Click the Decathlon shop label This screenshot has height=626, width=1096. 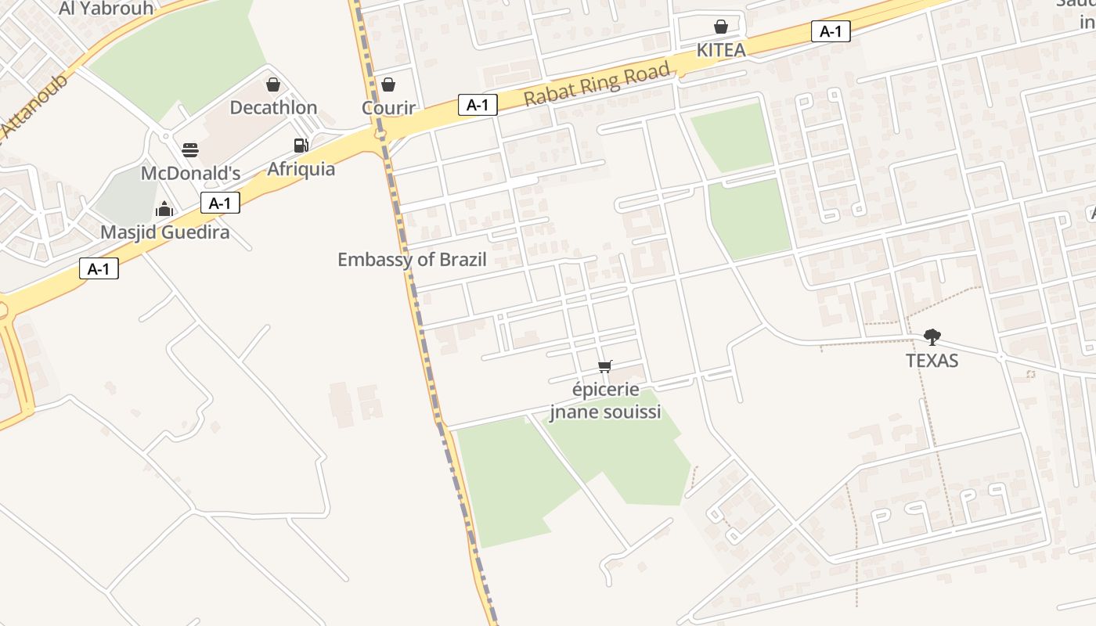(x=273, y=107)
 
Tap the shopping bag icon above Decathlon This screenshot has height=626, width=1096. (x=273, y=85)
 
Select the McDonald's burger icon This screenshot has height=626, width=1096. (x=190, y=149)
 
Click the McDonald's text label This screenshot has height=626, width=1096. (x=190, y=172)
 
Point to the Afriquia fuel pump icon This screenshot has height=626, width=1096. (x=301, y=145)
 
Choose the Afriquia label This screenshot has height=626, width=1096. (x=301, y=168)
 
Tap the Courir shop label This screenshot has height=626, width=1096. (x=388, y=107)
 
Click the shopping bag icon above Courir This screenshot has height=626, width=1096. (x=388, y=85)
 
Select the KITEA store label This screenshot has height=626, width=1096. (x=721, y=50)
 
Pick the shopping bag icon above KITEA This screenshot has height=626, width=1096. (x=721, y=27)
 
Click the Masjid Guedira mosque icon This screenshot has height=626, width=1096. (x=164, y=209)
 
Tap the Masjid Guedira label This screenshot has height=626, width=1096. (x=164, y=232)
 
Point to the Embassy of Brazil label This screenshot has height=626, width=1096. (x=412, y=259)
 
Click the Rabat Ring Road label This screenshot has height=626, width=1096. (x=597, y=84)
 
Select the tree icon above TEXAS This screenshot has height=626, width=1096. (x=932, y=337)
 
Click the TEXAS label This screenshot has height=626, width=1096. (x=932, y=361)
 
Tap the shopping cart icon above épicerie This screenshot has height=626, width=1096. (x=604, y=366)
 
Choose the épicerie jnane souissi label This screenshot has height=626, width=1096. (x=604, y=401)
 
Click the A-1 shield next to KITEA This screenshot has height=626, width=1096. (x=831, y=31)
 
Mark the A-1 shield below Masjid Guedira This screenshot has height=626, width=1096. (x=99, y=269)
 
